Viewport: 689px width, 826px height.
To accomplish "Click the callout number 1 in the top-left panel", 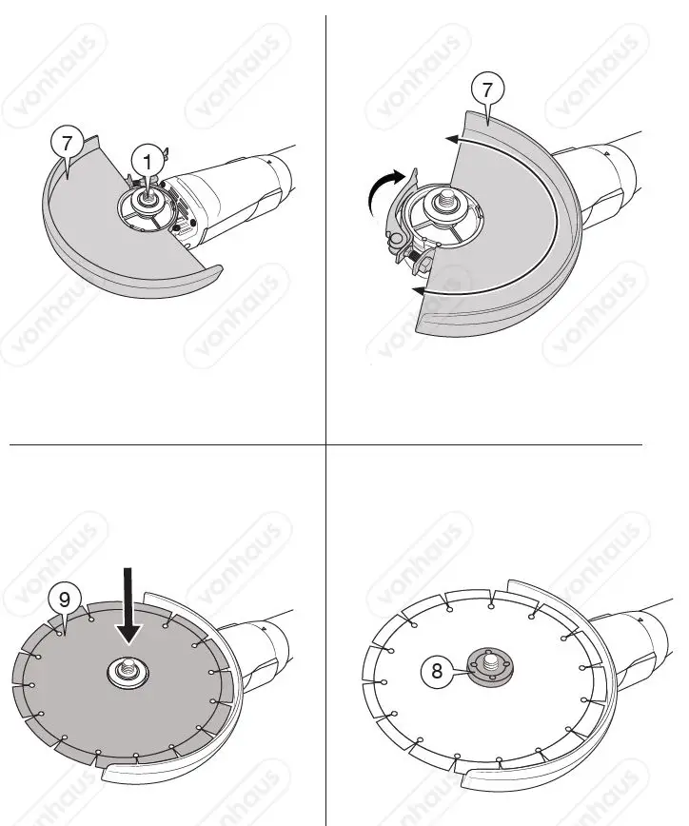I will pos(146,159).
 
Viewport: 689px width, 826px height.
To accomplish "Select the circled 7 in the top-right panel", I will pos(486,92).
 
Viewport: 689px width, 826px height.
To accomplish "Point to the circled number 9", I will pos(63,599).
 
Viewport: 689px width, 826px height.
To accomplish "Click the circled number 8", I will pos(437,670).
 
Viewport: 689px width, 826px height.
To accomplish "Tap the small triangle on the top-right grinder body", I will pos(604,152).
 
